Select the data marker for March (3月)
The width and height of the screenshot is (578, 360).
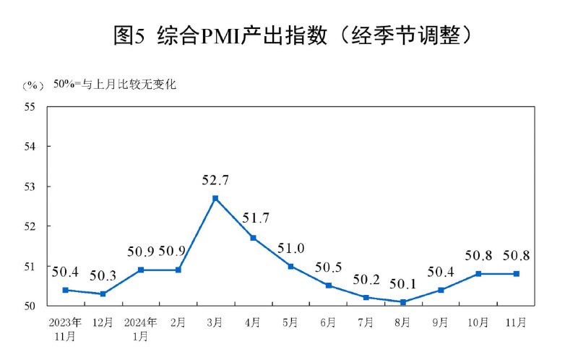click(x=215, y=198)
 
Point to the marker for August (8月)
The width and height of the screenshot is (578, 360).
click(x=403, y=302)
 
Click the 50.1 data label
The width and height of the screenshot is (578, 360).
click(x=403, y=284)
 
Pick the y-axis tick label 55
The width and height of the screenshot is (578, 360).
click(x=30, y=107)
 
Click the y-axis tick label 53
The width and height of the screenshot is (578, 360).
click(x=30, y=187)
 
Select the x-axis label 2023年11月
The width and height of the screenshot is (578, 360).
click(x=65, y=327)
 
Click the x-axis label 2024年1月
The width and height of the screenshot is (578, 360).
click(x=140, y=327)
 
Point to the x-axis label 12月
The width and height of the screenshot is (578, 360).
click(x=103, y=321)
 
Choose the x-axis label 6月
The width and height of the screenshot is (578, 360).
click(x=328, y=321)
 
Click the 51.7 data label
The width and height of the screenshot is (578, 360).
click(x=253, y=217)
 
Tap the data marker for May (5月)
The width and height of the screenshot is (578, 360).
click(x=290, y=266)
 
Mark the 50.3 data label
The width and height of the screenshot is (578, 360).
click(x=103, y=276)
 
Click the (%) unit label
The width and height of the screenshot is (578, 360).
click(x=33, y=85)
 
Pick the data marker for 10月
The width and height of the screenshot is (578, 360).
click(x=478, y=274)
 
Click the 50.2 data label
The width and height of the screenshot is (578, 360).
click(x=366, y=280)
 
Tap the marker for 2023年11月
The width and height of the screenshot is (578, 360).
click(x=65, y=290)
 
